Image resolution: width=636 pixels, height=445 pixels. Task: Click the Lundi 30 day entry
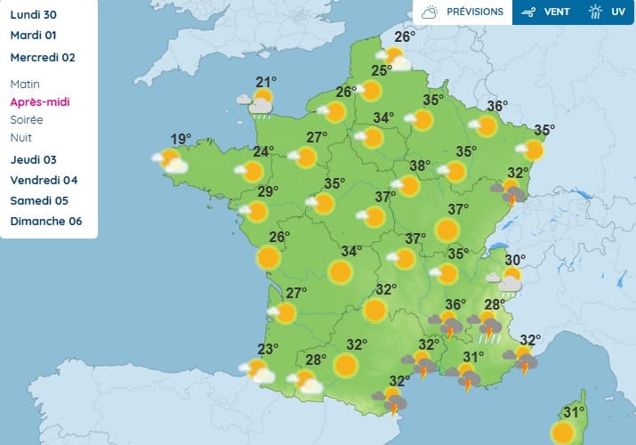(33, 13)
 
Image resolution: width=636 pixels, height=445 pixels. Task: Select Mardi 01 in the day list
(34, 36)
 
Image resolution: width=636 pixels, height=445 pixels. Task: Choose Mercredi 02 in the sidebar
(43, 58)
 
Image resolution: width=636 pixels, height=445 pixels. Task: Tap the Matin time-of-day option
(25, 84)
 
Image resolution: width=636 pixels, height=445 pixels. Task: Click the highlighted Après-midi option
(40, 101)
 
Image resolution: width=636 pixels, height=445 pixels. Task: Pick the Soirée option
(26, 119)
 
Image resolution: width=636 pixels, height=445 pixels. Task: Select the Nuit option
(20, 137)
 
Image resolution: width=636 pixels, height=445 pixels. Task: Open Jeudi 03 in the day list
(34, 160)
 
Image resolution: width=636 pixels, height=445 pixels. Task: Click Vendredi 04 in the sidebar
(42, 181)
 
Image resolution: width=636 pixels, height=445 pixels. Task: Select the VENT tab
(544, 12)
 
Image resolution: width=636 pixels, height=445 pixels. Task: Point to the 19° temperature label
(181, 139)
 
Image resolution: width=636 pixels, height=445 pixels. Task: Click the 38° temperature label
(420, 166)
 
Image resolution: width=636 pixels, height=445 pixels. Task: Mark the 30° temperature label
(515, 261)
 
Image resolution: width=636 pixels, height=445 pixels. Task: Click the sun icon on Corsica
(562, 433)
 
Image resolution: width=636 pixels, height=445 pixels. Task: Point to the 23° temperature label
(269, 349)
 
